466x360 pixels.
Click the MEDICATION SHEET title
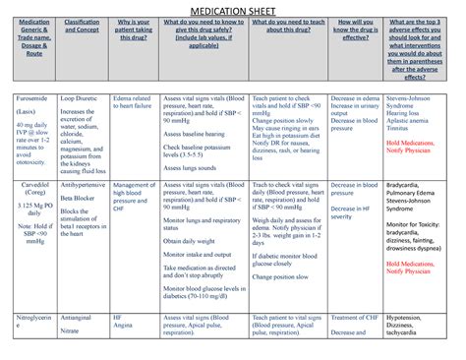point(232,12)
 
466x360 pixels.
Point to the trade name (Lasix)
point(27,116)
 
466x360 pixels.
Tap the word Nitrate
point(71,333)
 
